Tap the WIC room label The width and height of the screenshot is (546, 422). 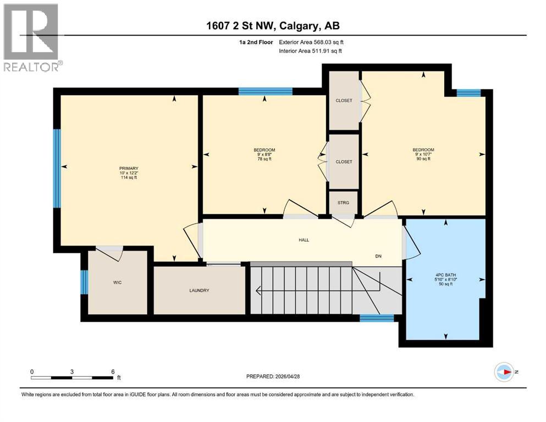click(x=117, y=282)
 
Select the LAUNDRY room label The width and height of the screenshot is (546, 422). click(x=198, y=291)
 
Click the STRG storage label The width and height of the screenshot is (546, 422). click(x=344, y=203)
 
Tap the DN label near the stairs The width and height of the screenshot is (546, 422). click(x=378, y=257)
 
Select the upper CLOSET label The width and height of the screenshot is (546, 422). click(x=344, y=101)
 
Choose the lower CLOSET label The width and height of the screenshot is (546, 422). click(x=344, y=162)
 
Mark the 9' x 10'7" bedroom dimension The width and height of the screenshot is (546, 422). click(x=423, y=155)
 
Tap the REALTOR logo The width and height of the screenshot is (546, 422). click(x=31, y=37)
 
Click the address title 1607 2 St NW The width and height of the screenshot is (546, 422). click(x=273, y=26)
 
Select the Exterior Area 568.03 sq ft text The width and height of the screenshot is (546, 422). click(x=315, y=42)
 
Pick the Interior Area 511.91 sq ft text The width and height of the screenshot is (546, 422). click(x=313, y=51)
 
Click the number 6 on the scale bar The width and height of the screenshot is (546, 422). click(x=113, y=371)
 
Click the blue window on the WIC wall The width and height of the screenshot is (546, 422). click(x=84, y=282)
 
